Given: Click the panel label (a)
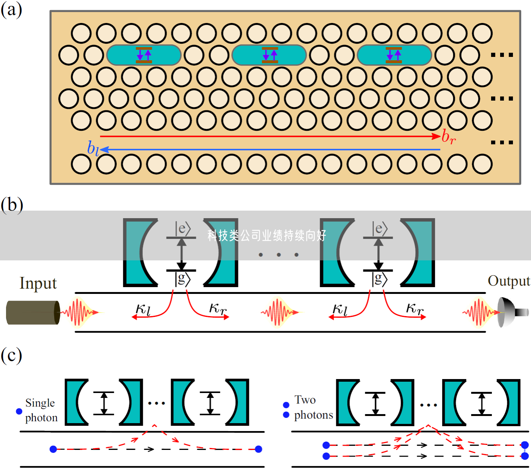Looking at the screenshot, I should tap(11, 9).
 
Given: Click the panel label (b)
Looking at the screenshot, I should tap(12, 205).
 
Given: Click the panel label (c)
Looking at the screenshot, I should tap(11, 355).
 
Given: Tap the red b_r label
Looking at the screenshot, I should tap(448, 136).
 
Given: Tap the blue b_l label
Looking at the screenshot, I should tap(93, 148).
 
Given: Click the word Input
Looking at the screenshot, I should tap(38, 283).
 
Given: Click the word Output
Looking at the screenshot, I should tap(508, 281).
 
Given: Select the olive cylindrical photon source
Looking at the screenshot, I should tap(33, 312).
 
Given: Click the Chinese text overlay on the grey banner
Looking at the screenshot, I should tap(267, 236).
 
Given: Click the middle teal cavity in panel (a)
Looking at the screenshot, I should tap(269, 55).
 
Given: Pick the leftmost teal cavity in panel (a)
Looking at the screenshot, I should tap(144, 55).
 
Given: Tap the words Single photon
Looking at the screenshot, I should tap(41, 410).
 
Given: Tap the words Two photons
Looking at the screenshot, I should tap(313, 407).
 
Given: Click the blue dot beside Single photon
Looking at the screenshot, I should tap(19, 411).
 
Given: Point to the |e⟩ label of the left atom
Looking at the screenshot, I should tap(183, 228).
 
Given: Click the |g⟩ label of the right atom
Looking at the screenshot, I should tap(379, 279).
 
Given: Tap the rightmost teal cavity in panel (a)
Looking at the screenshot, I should tap(394, 55).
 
